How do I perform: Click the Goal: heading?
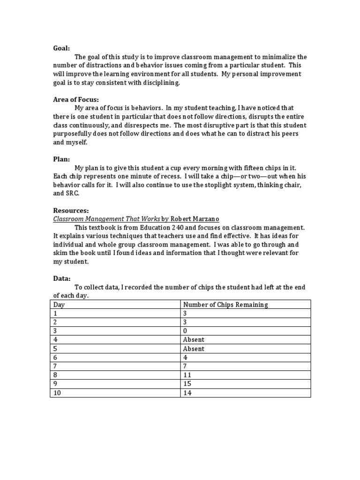coord(61,48)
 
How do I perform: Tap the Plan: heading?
coord(61,159)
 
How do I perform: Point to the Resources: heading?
coord(71,210)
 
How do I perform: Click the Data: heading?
coord(61,278)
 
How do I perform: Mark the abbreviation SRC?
coord(73,193)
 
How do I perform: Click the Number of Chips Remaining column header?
coord(225,305)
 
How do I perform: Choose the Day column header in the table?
coord(59,305)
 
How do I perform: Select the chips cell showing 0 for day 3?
coord(185,331)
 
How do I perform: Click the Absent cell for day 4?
coord(194,340)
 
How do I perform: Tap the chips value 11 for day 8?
coord(187,375)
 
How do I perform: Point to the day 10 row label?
coord(57,393)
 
